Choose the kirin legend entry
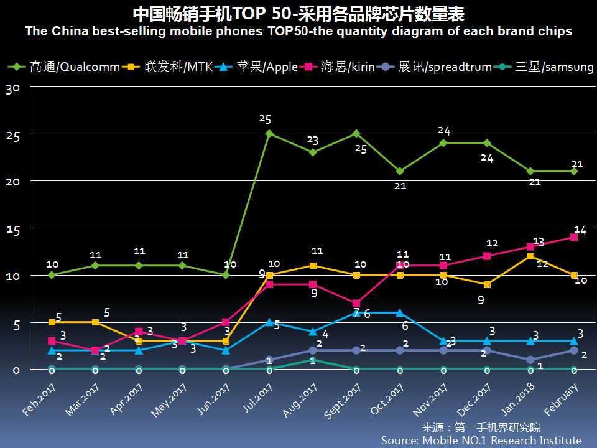(x=340, y=67)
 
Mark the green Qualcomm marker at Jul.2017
(x=269, y=133)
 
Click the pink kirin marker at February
(x=573, y=237)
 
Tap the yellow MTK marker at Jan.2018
(x=530, y=256)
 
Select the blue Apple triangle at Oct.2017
(x=399, y=312)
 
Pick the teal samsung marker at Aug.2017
(x=312, y=360)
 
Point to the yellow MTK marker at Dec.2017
(x=486, y=284)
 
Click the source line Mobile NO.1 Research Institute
(x=481, y=440)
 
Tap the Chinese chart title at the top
(x=298, y=14)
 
